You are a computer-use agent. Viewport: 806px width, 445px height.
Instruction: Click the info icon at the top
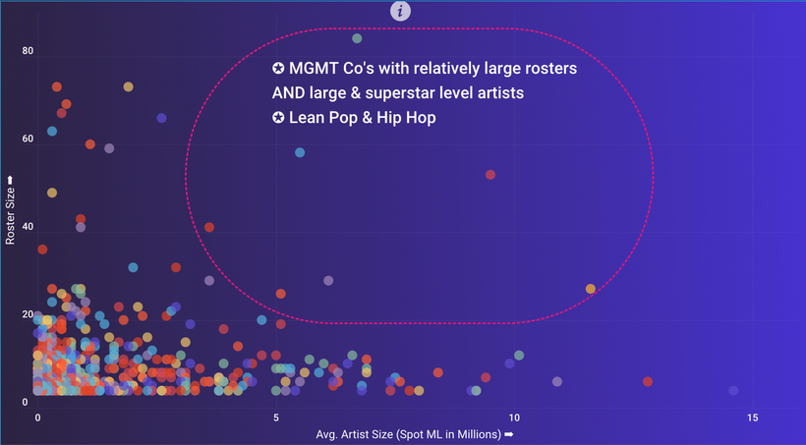point(401,11)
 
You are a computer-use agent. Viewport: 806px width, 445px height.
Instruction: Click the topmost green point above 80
point(357,38)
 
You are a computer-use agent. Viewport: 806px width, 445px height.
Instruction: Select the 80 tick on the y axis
point(29,51)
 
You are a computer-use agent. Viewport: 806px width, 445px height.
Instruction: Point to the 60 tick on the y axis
point(29,139)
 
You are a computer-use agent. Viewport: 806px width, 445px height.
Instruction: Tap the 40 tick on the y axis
point(29,227)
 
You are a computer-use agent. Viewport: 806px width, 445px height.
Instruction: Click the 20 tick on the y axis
point(29,314)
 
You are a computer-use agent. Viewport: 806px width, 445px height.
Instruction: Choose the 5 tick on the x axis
point(276,417)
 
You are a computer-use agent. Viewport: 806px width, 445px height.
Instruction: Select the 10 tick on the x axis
point(515,417)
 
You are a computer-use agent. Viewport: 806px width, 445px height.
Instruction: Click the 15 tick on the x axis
point(753,417)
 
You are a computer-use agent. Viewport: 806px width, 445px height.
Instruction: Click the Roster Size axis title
point(11,209)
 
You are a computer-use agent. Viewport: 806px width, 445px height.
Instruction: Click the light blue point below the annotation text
point(300,152)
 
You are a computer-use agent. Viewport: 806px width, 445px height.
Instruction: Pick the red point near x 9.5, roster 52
point(490,175)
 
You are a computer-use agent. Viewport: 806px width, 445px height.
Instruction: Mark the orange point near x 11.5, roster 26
point(591,289)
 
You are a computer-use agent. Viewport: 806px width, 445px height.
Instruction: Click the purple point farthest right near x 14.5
point(733,391)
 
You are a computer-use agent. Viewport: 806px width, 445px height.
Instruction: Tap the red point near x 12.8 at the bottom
point(648,381)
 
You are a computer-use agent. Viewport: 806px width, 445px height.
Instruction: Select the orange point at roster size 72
point(128,86)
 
